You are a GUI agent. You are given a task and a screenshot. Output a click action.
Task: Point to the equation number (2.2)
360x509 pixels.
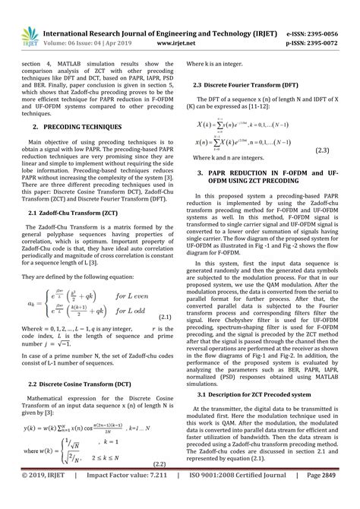pyautogui.click(x=159, y=485)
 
